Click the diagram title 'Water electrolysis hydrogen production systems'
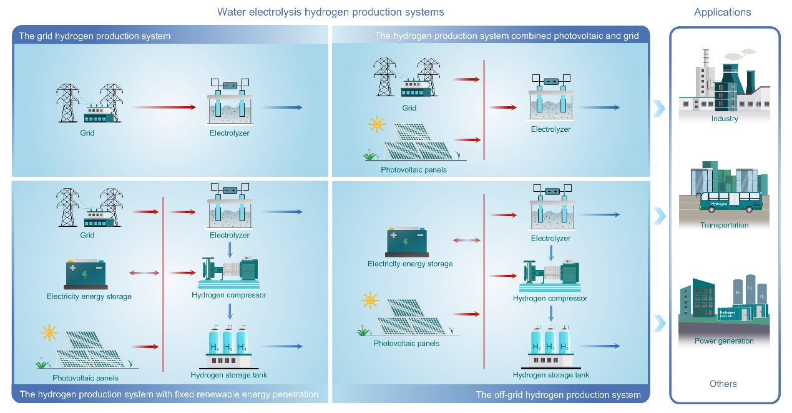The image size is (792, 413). point(330,12)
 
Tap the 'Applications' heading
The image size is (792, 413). point(722,12)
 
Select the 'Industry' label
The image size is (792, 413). point(724,119)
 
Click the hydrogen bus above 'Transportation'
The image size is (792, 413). point(731,202)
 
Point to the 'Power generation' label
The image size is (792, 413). point(724,341)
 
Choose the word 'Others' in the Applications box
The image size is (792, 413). point(723,384)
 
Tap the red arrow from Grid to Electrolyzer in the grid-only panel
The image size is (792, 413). point(164,107)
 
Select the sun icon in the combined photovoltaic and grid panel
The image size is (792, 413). point(376,124)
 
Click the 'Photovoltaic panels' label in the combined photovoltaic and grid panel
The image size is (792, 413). point(414,170)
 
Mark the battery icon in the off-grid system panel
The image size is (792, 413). point(406,242)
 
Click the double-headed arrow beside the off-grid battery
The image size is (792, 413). point(466,240)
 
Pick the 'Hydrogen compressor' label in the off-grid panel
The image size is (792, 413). point(550,299)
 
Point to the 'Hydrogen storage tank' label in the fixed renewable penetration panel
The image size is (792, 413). point(228,376)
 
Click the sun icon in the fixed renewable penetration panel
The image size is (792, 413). point(49,332)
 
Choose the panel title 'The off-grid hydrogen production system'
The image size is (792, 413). point(558,395)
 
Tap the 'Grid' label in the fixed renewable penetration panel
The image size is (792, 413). point(87,236)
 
